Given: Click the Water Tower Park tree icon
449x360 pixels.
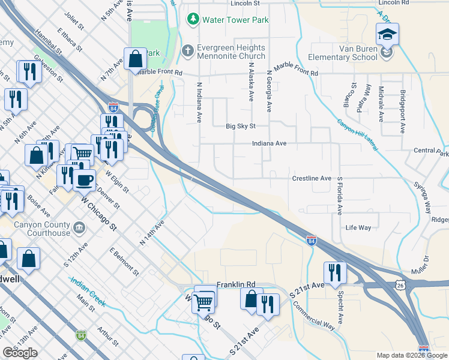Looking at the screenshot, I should tap(193, 20).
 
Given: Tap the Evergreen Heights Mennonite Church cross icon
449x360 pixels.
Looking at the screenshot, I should tap(188, 51).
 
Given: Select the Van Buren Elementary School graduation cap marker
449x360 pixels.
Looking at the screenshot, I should tap(387, 34).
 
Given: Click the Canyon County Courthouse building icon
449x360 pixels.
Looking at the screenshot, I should tap(79, 228).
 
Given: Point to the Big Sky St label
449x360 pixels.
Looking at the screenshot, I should tap(240, 126).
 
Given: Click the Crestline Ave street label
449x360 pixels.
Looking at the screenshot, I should tap(312, 179).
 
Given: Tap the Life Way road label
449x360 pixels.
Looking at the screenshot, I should tap(358, 228).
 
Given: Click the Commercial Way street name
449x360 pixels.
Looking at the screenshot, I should tap(313, 313).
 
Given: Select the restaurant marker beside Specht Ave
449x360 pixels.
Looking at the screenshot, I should tap(335, 271).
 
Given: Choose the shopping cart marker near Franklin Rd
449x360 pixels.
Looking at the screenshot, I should tap(204, 301).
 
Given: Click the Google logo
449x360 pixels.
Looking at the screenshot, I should tap(20, 353).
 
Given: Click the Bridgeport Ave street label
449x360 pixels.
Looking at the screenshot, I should tap(402, 112).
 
